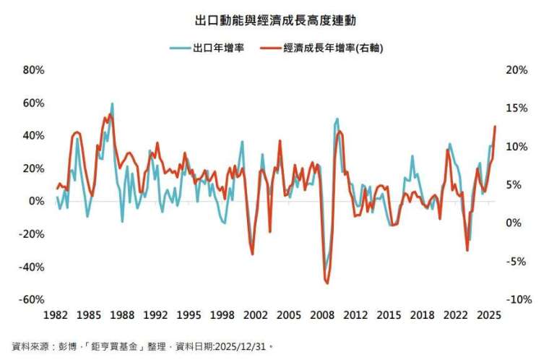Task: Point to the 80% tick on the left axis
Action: coord(34,70)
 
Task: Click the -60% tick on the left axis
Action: coord(33,299)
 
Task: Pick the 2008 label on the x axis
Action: coord(322,315)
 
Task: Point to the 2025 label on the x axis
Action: coord(489,315)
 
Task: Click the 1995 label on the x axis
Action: coord(189,315)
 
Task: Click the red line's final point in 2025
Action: coord(495,127)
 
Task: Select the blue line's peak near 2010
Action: coord(337,119)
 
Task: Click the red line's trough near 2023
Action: coord(467,250)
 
